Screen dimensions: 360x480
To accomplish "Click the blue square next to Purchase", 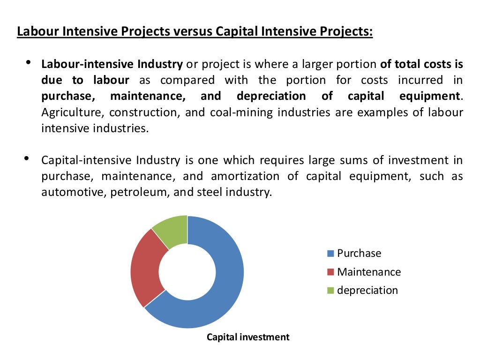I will click(330, 254).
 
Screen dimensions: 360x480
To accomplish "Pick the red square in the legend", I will click(330, 272).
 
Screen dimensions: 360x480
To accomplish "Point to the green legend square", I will click(330, 291).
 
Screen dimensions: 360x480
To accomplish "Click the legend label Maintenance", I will click(369, 272).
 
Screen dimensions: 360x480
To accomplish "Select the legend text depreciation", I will click(367, 290).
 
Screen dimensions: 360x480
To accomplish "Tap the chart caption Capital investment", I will click(248, 337).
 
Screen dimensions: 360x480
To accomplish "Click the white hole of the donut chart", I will click(187, 272).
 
